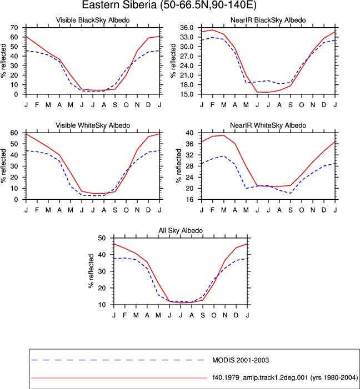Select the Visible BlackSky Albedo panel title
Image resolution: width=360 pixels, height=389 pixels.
tap(93, 20)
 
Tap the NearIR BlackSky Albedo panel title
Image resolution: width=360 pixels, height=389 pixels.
tap(268, 20)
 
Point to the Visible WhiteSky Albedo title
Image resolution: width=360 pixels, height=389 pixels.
tap(93, 125)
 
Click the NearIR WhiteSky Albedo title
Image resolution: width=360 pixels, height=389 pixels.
tap(268, 125)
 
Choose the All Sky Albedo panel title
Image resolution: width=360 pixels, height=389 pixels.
tap(181, 230)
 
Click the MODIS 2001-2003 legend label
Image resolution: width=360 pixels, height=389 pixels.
tap(241, 360)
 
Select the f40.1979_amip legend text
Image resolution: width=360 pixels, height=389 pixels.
tap(285, 378)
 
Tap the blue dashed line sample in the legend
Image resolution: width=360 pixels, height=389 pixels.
tap(118, 360)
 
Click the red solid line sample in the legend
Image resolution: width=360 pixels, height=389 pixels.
tap(119, 378)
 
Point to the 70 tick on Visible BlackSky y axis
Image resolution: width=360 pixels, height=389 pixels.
tap(14, 28)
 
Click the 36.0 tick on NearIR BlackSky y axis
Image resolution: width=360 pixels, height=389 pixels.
tap(187, 28)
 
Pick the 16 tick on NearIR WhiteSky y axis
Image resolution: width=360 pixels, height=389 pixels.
tap(189, 199)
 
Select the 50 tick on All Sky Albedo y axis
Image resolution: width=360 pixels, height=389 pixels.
tap(102, 238)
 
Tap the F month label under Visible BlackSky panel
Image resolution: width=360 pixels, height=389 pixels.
tap(37, 105)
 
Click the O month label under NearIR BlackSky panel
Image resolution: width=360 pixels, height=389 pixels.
tap(302, 105)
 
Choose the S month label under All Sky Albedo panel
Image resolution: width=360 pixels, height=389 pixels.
tap(203, 315)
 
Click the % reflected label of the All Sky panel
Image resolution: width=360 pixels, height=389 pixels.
tap(91, 271)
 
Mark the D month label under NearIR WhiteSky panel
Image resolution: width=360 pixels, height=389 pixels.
tap(324, 210)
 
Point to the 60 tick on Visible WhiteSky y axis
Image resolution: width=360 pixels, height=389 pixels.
tap(14, 133)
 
